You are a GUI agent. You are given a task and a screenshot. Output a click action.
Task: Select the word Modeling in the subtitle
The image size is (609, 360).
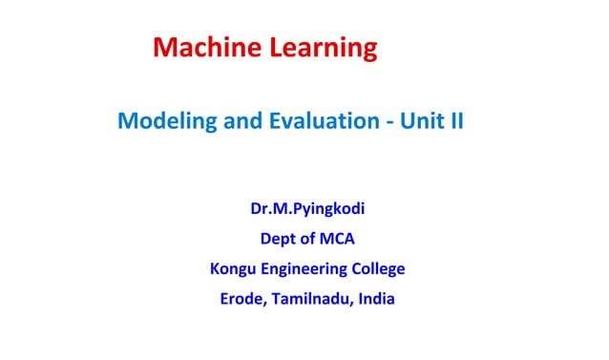pyautogui.click(x=158, y=122)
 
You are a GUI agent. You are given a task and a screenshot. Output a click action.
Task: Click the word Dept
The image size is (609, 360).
pyautogui.click(x=277, y=239)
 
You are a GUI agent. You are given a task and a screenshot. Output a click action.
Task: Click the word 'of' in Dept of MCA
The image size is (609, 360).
pyautogui.click(x=307, y=239)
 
